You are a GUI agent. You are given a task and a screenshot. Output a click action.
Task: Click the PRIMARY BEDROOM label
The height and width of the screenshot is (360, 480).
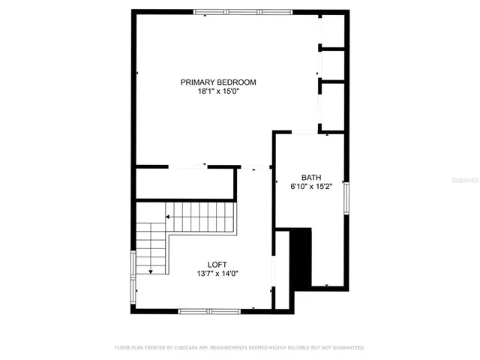click(218, 82)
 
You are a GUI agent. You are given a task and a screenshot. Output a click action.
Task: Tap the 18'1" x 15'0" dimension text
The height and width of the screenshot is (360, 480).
click(218, 91)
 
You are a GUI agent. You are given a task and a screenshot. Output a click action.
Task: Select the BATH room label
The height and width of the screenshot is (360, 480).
click(311, 178)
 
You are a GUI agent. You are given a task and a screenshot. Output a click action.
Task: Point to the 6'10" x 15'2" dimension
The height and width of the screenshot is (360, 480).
click(311, 187)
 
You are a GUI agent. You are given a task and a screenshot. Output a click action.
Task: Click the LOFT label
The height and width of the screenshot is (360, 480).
click(218, 264)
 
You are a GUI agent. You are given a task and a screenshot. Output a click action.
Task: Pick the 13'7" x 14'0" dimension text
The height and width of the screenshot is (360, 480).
click(218, 274)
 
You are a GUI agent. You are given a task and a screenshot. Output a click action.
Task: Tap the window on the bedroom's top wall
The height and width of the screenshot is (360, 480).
click(242, 11)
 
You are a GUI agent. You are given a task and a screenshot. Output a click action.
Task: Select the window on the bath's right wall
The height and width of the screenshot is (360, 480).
click(346, 196)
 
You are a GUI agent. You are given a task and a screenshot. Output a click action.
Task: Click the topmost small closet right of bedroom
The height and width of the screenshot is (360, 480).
click(333, 31)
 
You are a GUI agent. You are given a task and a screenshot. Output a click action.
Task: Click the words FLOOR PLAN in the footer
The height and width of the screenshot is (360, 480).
click(128, 348)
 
